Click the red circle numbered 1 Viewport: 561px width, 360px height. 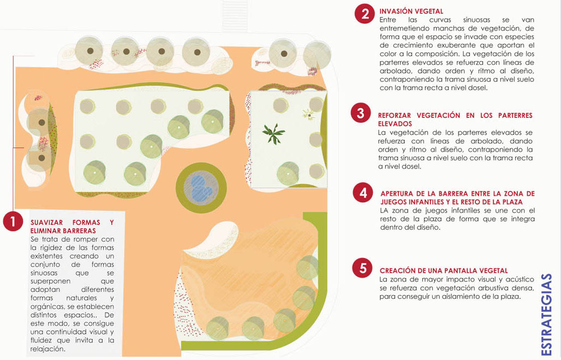tap(13, 221)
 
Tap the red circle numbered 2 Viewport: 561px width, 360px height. tap(365, 14)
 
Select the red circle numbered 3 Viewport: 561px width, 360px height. tap(361, 113)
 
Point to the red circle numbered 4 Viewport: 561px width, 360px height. tap(363, 193)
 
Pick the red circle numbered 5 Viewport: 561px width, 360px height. tap(362, 268)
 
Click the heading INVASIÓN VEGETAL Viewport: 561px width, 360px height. tap(411, 11)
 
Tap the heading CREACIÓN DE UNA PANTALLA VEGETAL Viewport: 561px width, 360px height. tap(444, 271)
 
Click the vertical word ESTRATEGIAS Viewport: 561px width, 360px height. tap(546, 315)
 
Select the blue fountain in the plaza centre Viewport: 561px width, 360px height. tap(201, 188)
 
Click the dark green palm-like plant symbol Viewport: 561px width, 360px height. tap(274, 134)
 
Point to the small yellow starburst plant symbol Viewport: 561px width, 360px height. tap(308, 115)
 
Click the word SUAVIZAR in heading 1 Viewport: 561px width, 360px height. tap(46, 223)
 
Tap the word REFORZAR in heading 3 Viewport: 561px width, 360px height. tap(393, 116)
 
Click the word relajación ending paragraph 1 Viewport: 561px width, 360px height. tap(48, 349)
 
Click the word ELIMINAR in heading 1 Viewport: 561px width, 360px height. tap(45, 231)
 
